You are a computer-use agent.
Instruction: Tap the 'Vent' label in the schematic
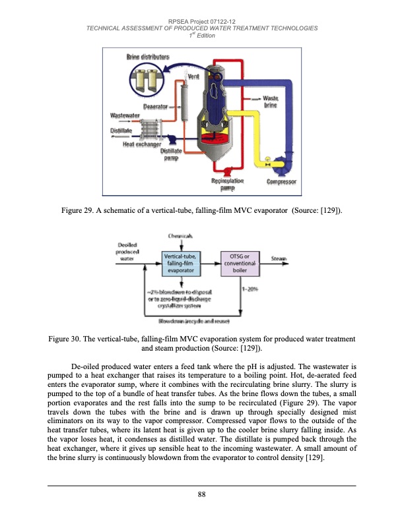[193, 77]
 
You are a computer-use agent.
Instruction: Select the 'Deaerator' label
[155, 105]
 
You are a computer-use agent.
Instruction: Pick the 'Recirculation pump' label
[227, 184]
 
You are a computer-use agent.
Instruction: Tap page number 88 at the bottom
[202, 495]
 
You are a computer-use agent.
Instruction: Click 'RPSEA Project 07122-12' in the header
[202, 20]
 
